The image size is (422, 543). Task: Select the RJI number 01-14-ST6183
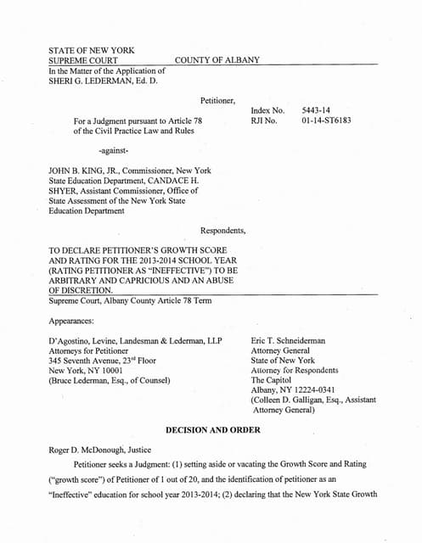pyautogui.click(x=326, y=121)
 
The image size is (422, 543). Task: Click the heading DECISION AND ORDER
pyautogui.click(x=212, y=429)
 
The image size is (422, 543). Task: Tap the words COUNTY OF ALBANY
pyautogui.click(x=217, y=60)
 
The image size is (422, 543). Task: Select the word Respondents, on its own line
pyautogui.click(x=223, y=230)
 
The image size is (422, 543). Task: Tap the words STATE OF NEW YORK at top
pyautogui.click(x=92, y=50)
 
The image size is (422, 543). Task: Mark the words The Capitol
pyautogui.click(x=274, y=381)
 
